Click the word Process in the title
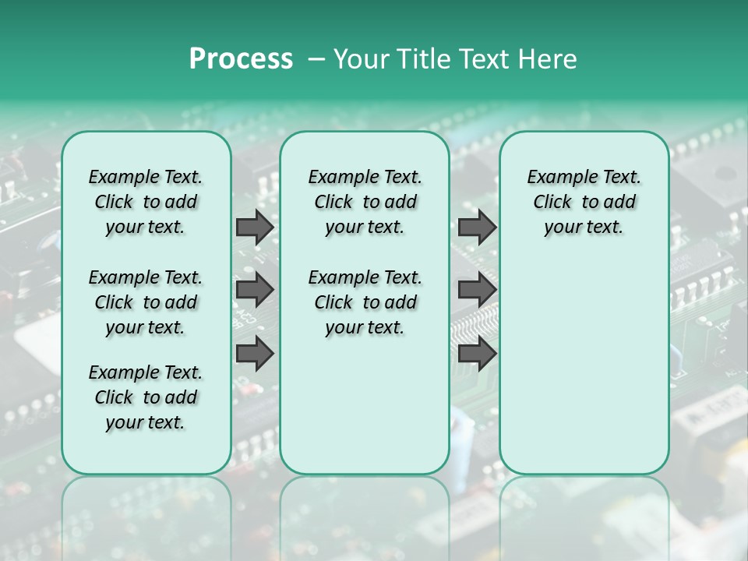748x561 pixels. click(241, 58)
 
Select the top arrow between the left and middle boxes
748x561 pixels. click(255, 227)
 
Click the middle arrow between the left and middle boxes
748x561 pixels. click(255, 290)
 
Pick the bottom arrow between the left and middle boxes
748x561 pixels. click(255, 353)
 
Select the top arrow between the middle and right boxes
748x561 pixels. click(477, 227)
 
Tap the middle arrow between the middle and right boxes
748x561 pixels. click(477, 290)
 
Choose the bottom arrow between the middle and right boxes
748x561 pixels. click(477, 353)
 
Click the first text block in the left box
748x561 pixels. click(146, 202)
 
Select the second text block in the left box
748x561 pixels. click(146, 302)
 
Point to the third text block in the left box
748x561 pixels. click(146, 397)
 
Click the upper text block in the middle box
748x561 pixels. click(365, 202)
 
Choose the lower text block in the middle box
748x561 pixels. click(365, 302)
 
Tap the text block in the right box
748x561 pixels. click(584, 202)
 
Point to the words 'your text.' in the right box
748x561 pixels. click(584, 228)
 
